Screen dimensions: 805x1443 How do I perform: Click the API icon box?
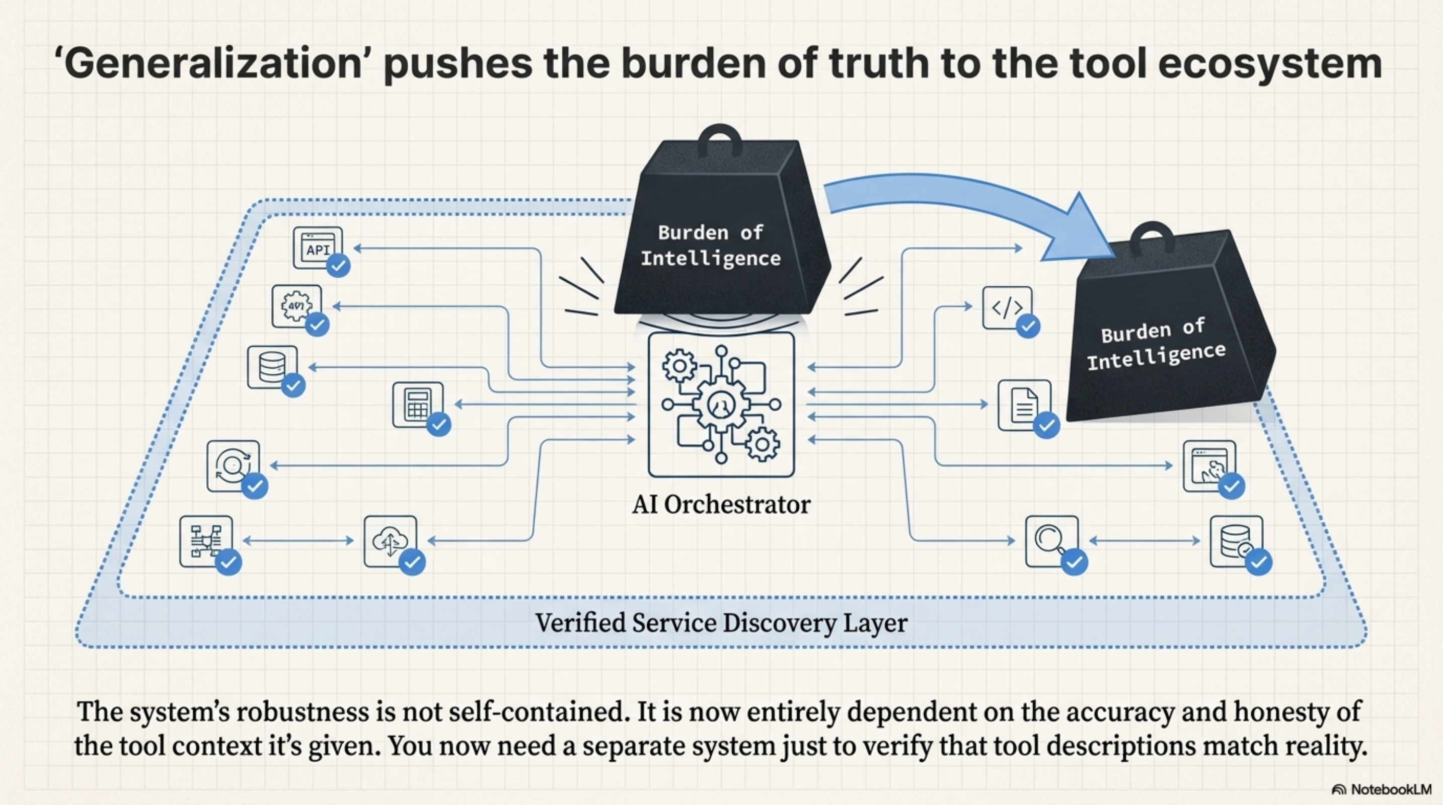tap(318, 248)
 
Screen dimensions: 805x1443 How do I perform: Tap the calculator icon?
tap(417, 405)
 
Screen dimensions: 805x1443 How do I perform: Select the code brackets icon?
tap(1007, 307)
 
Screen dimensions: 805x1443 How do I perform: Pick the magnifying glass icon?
tap(1051, 541)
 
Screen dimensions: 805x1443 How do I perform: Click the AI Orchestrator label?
tap(721, 505)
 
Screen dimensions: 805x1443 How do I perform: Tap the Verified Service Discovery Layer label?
tap(721, 623)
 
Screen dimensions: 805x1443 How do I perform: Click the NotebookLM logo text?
tap(1391, 789)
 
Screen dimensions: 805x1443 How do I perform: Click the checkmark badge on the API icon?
tap(338, 265)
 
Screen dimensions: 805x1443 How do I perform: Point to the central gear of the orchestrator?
tap(720, 404)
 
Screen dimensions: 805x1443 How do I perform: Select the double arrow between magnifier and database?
tap(1145, 541)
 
